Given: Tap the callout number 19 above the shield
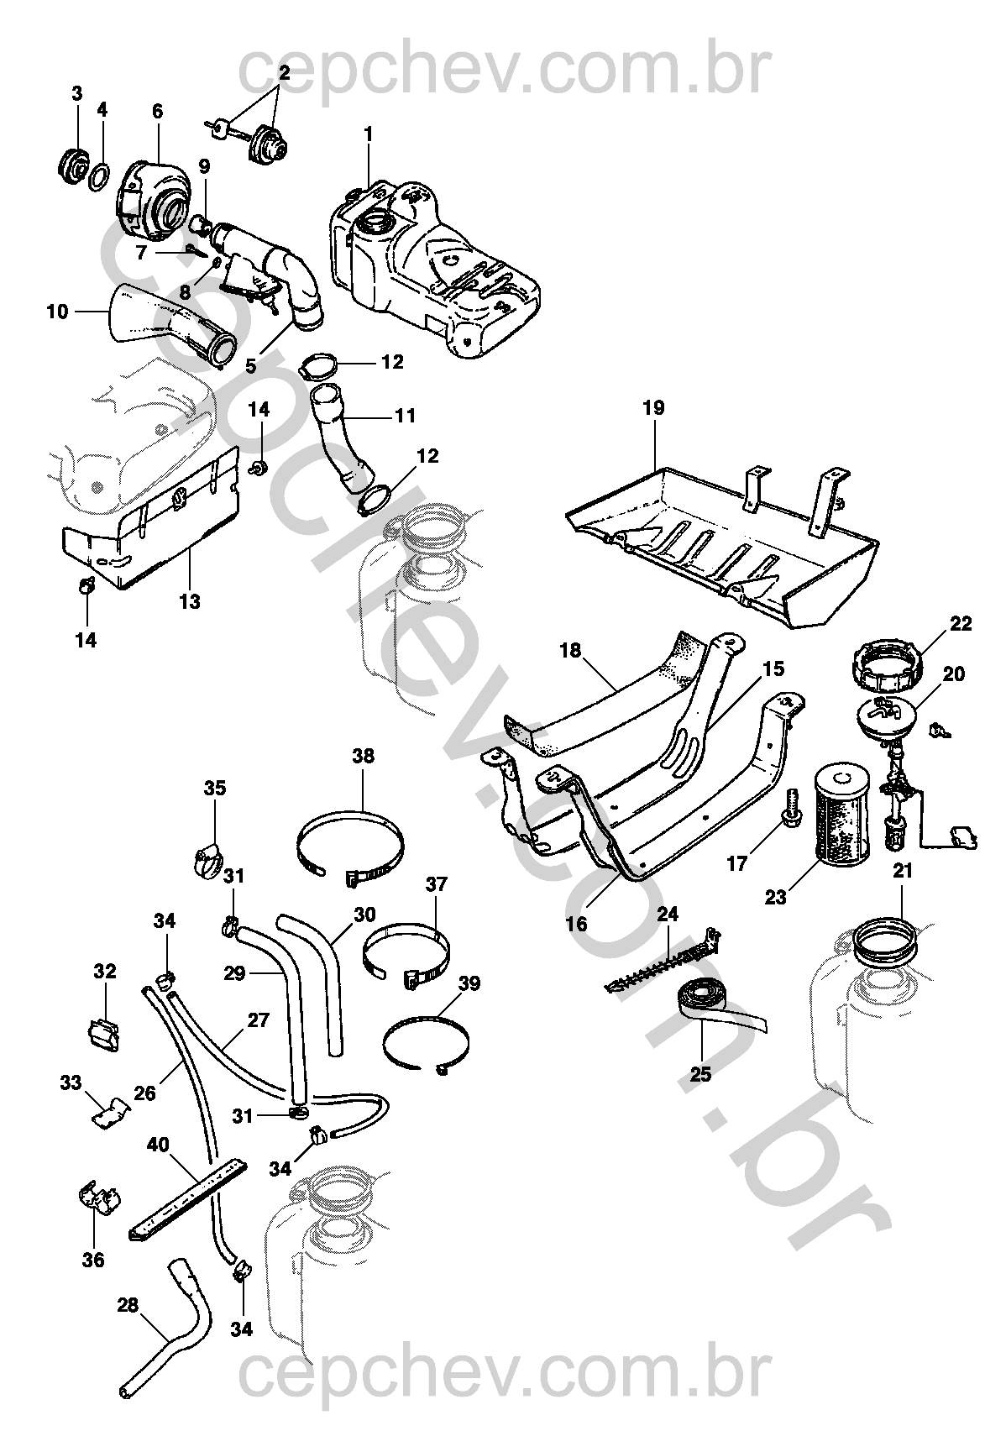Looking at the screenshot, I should click(x=653, y=408).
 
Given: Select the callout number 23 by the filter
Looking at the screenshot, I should click(x=775, y=897).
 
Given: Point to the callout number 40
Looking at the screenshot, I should click(x=158, y=1144).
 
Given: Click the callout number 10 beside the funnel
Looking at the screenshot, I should click(x=57, y=312).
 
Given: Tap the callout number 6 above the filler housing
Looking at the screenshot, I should click(x=157, y=111).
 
